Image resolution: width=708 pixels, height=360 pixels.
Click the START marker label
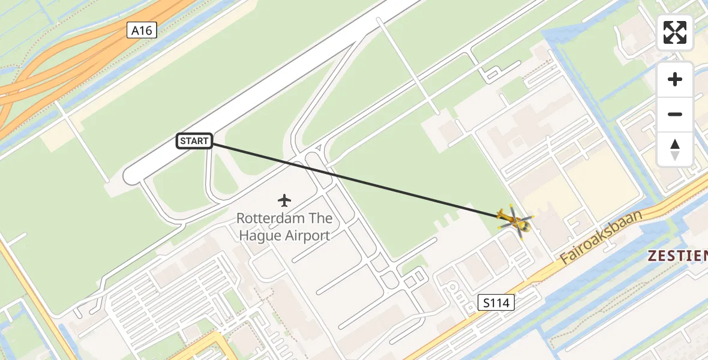coord(194,142)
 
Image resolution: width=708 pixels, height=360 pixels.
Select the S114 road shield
coord(497,302)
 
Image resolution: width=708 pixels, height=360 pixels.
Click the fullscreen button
coord(675,32)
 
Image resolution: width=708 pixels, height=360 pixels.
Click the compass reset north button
coord(675,149)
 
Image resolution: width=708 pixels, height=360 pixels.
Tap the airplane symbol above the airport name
coord(284,199)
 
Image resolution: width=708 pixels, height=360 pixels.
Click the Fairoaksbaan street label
coord(601,238)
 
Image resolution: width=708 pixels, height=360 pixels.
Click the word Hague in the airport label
coord(258,235)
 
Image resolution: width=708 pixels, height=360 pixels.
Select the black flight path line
coord(354,178)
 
